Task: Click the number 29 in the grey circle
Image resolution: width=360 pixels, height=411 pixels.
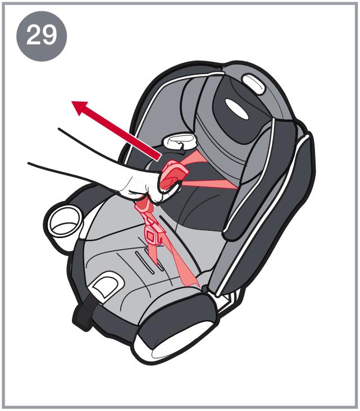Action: (42, 35)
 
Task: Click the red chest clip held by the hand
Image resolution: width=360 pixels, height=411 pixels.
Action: (174, 176)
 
